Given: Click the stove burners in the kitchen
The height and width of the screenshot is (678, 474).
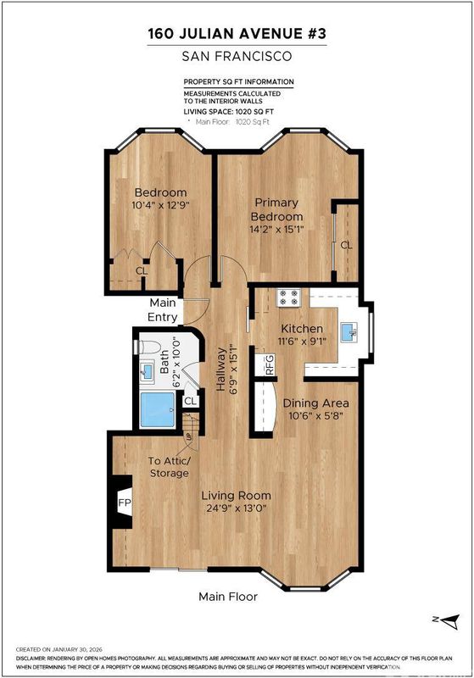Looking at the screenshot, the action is (x=289, y=297).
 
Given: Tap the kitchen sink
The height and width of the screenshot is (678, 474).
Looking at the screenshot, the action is (x=349, y=332).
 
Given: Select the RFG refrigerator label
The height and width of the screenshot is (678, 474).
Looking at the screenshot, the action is (x=270, y=365).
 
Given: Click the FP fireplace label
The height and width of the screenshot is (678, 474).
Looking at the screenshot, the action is (x=125, y=503).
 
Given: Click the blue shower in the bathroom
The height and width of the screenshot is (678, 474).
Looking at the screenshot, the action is (x=158, y=409).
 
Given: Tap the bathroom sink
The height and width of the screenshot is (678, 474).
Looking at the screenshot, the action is (x=147, y=371).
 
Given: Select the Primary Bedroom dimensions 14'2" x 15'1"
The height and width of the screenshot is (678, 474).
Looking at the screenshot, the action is (x=276, y=229).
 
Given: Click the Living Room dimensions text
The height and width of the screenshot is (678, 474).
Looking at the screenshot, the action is (x=236, y=508).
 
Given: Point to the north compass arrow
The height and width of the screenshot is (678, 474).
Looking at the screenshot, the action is (x=451, y=621).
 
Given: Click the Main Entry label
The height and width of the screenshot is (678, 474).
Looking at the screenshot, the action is (x=163, y=309).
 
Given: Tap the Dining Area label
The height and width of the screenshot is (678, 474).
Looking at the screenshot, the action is (x=315, y=403).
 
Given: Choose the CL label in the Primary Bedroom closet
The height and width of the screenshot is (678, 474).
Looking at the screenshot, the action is (x=346, y=245).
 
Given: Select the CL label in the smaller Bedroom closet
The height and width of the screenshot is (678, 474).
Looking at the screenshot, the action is (x=142, y=271).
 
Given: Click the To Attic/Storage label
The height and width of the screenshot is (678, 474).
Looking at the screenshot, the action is (x=169, y=467).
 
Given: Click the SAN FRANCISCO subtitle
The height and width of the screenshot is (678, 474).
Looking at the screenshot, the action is (x=237, y=56).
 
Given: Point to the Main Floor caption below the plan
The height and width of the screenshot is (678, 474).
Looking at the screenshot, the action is (x=228, y=597).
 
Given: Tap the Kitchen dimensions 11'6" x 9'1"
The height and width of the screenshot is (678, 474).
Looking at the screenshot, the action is (x=302, y=342).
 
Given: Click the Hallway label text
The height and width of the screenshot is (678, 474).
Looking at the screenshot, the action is (x=221, y=370).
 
